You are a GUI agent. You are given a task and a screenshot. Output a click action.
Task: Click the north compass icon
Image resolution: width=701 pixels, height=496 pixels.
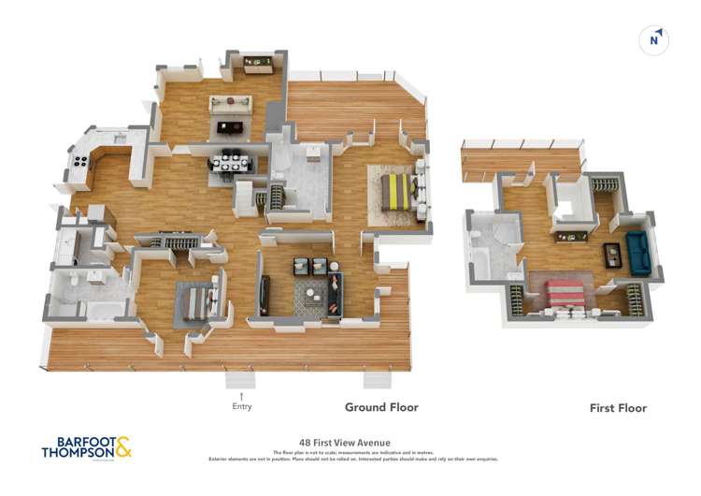point(655,40)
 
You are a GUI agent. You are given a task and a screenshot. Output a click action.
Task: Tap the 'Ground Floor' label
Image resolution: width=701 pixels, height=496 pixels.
point(381,407)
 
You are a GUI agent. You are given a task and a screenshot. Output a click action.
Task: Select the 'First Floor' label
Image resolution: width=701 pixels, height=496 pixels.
point(618,408)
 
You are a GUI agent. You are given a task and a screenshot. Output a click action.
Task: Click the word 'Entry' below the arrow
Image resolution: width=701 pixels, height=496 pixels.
point(241,406)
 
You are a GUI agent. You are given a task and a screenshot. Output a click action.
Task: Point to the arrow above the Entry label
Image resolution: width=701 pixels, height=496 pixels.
point(241,396)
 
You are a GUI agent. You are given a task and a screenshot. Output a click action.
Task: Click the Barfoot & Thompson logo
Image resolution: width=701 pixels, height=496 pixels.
point(86,445)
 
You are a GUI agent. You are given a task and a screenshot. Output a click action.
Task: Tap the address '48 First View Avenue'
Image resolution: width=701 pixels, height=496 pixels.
point(343,443)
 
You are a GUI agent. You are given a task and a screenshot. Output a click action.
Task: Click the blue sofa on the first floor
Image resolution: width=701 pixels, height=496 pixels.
point(638,254)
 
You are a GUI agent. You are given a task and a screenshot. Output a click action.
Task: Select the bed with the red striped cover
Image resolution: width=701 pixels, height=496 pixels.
point(564,295)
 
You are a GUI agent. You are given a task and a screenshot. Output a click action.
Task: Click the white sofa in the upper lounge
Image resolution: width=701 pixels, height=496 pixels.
point(230,104)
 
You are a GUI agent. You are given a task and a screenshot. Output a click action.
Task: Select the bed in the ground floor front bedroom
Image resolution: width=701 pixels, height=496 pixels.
point(197,304)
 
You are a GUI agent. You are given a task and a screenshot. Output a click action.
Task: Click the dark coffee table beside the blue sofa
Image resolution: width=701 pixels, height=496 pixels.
point(611,254)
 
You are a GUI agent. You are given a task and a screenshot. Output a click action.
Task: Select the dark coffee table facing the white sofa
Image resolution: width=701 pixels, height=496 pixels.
point(229,127)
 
